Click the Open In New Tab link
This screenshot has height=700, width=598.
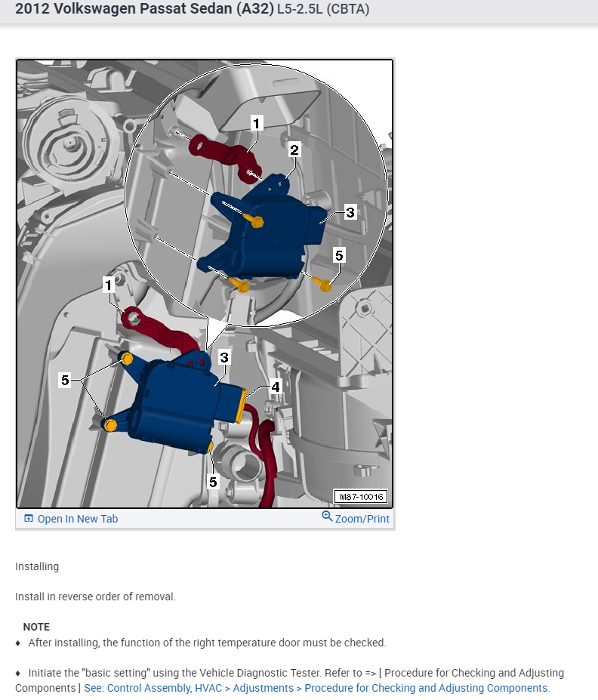tap(78, 519)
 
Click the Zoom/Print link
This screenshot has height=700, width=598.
tap(362, 519)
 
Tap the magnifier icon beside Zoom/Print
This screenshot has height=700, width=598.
tap(327, 517)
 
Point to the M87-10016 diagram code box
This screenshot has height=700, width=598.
tap(361, 496)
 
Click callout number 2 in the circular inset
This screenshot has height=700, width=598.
tap(294, 150)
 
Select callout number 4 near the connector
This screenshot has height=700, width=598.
tap(276, 387)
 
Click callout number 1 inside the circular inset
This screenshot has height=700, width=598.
tap(256, 123)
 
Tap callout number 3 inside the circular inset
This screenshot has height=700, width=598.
tap(350, 212)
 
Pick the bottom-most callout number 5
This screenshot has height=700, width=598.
tap(213, 482)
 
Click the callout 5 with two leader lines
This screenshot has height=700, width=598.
tap(65, 381)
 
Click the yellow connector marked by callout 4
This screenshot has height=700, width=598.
tap(242, 406)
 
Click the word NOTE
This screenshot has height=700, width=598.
tap(36, 627)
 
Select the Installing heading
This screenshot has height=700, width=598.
tap(37, 566)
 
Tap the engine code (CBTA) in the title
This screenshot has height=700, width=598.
tap(348, 9)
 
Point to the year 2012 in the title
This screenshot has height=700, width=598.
tap(32, 9)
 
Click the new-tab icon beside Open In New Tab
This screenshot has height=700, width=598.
tap(29, 518)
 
